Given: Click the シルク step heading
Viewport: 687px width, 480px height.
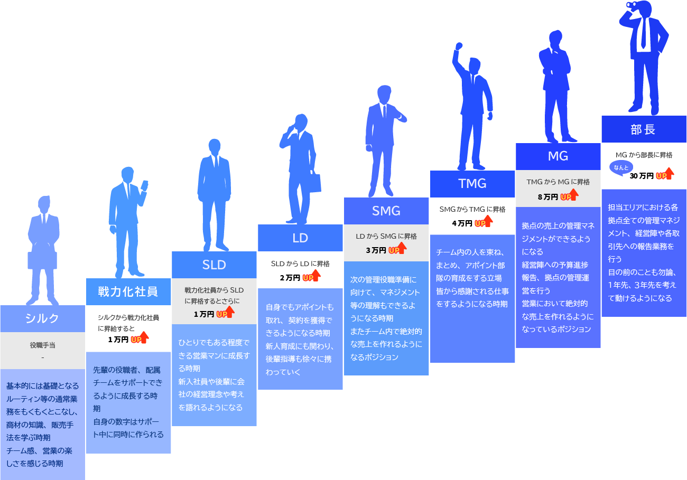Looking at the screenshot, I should tap(42, 318).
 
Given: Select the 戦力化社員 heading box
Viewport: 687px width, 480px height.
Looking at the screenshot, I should tap(128, 291).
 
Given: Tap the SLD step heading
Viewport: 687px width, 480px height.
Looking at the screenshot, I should tap(214, 265).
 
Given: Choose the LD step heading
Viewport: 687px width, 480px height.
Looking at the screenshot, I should tap(300, 238).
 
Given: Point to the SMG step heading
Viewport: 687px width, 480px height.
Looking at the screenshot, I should tap(386, 211).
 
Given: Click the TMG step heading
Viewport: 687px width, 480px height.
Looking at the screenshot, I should tap(472, 184).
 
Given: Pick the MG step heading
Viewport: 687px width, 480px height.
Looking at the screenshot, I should tap(558, 156).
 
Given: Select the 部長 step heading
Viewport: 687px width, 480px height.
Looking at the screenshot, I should tap(644, 129).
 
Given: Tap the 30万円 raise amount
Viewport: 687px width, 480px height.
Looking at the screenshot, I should tap(642, 176).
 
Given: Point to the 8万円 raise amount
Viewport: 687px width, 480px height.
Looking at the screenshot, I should tap(547, 197).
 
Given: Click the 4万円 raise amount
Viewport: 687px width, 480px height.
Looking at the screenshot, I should tap(462, 223).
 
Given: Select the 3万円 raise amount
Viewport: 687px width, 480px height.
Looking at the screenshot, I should tap(376, 250).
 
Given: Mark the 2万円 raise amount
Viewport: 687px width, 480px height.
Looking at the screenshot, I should tap(290, 277).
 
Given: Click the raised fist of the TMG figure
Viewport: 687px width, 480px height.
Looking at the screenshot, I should tap(459, 46).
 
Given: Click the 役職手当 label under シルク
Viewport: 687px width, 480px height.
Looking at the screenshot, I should tap(42, 345).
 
